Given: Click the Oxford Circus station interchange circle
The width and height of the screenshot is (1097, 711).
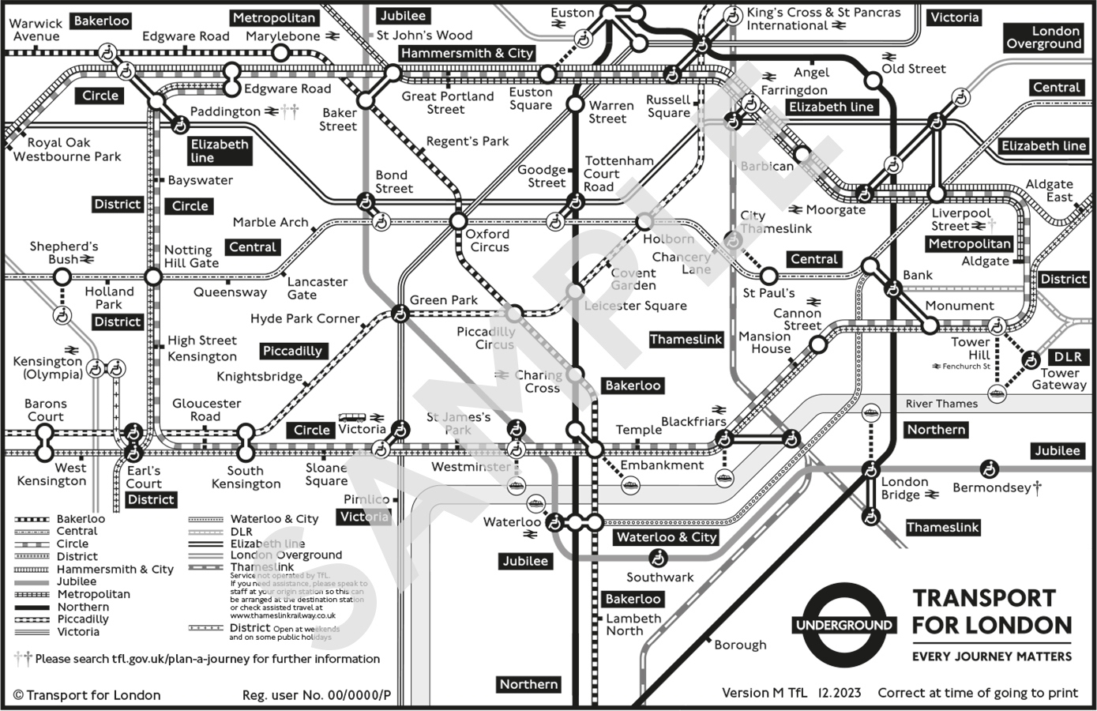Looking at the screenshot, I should click(x=458, y=220).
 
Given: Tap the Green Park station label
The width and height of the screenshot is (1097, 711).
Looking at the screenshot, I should click(x=443, y=300).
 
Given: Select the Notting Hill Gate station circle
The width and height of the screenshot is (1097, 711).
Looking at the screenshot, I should click(x=153, y=276).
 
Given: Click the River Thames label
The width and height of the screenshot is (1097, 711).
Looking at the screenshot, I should click(x=941, y=404).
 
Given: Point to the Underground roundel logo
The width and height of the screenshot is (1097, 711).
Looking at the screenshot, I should click(x=844, y=626).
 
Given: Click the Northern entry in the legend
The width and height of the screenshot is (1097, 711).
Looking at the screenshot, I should click(x=83, y=607).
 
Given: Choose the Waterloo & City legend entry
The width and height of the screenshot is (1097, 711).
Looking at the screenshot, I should click(x=274, y=519).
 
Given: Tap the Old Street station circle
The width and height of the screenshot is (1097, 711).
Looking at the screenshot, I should click(x=872, y=81).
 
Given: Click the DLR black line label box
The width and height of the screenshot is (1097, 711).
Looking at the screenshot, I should click(x=1068, y=357).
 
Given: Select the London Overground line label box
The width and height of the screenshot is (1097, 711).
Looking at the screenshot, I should click(x=1043, y=37).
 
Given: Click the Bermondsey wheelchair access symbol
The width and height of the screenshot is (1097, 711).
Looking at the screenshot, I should click(x=988, y=468).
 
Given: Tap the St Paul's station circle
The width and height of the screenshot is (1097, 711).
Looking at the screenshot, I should click(x=768, y=276).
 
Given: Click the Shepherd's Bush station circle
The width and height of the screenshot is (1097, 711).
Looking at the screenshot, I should click(x=62, y=276).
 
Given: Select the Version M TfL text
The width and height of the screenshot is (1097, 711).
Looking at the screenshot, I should click(x=764, y=693).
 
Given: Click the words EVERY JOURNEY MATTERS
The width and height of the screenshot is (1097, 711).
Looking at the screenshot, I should click(x=992, y=656).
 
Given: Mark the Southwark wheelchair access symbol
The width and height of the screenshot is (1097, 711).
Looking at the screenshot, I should click(x=656, y=559).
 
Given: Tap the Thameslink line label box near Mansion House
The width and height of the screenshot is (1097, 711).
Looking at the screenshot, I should click(x=686, y=340).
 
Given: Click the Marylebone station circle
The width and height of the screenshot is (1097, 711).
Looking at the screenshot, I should click(x=280, y=53).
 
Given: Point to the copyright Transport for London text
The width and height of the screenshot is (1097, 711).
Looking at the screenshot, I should click(x=87, y=695).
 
